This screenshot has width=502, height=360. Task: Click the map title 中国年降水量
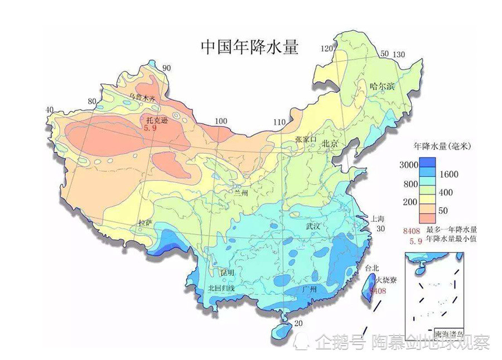tap(249, 47)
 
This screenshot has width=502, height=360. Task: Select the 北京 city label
tap(330, 144)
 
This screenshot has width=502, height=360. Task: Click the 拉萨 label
tap(145, 223)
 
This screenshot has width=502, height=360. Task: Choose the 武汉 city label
tap(313, 226)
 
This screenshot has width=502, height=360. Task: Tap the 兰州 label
tap(241, 192)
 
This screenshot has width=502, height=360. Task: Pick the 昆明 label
tap(228, 273)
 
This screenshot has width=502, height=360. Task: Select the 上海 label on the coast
tap(378, 218)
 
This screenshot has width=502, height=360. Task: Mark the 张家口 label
tap(306, 139)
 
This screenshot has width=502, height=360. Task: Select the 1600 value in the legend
tap(448, 174)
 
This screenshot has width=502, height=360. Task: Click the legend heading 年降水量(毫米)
tap(442, 147)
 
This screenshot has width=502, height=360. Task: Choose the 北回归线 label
tap(221, 289)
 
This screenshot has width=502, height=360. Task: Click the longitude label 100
tap(221, 121)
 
